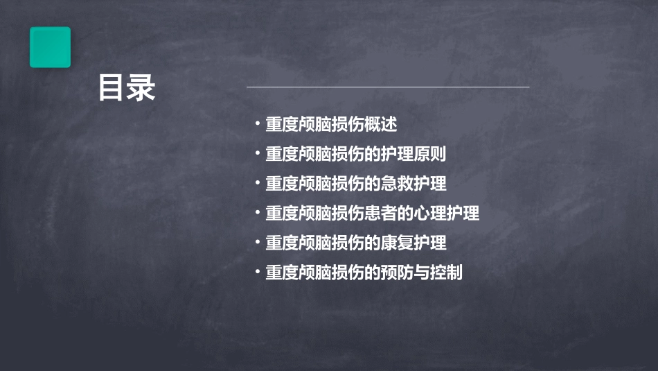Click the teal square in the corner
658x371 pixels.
point(50,47)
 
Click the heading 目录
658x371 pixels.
point(127,88)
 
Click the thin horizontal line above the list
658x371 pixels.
point(388,87)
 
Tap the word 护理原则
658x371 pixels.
point(422,155)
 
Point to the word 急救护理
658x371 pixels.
point(422,184)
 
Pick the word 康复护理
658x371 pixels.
point(422,243)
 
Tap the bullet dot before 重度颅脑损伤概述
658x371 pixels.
point(258,125)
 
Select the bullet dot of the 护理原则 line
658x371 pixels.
point(258,155)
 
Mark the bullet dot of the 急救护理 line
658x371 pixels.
point(258,184)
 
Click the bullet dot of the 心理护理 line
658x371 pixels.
point(258,214)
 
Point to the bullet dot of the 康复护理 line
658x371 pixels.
point(258,243)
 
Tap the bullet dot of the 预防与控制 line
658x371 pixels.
point(258,273)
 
